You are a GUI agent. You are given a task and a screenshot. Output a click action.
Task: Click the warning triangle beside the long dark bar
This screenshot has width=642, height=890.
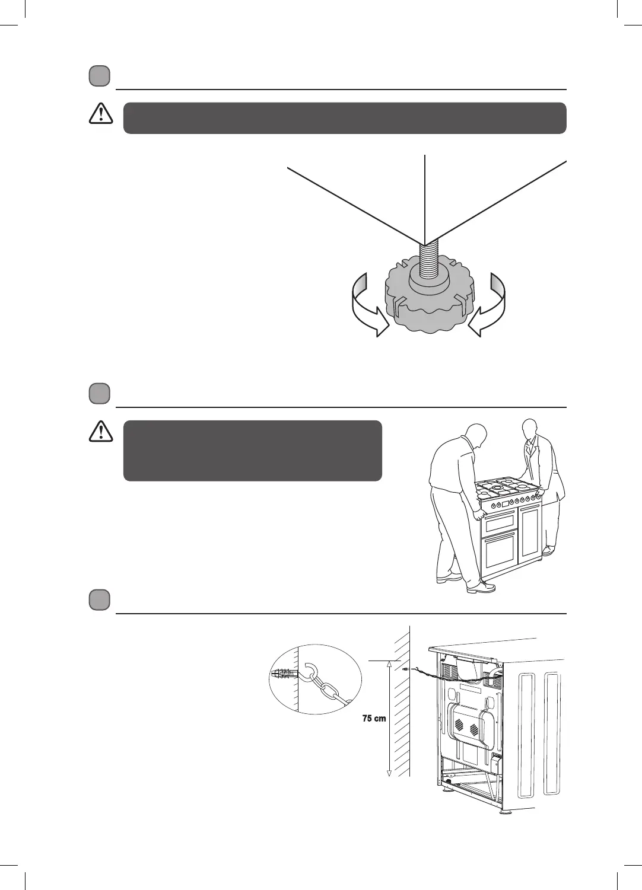point(101,113)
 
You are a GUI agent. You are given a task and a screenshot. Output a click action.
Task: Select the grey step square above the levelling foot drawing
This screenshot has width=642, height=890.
point(100,76)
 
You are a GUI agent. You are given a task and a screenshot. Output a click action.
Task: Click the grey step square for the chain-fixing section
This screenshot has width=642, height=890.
point(100,600)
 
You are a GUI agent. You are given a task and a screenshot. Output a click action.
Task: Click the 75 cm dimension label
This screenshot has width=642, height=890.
point(374,719)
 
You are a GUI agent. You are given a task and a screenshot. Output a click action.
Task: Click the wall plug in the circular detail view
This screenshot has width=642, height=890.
point(284,674)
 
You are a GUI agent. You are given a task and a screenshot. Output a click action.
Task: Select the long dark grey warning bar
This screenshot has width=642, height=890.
point(344,118)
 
